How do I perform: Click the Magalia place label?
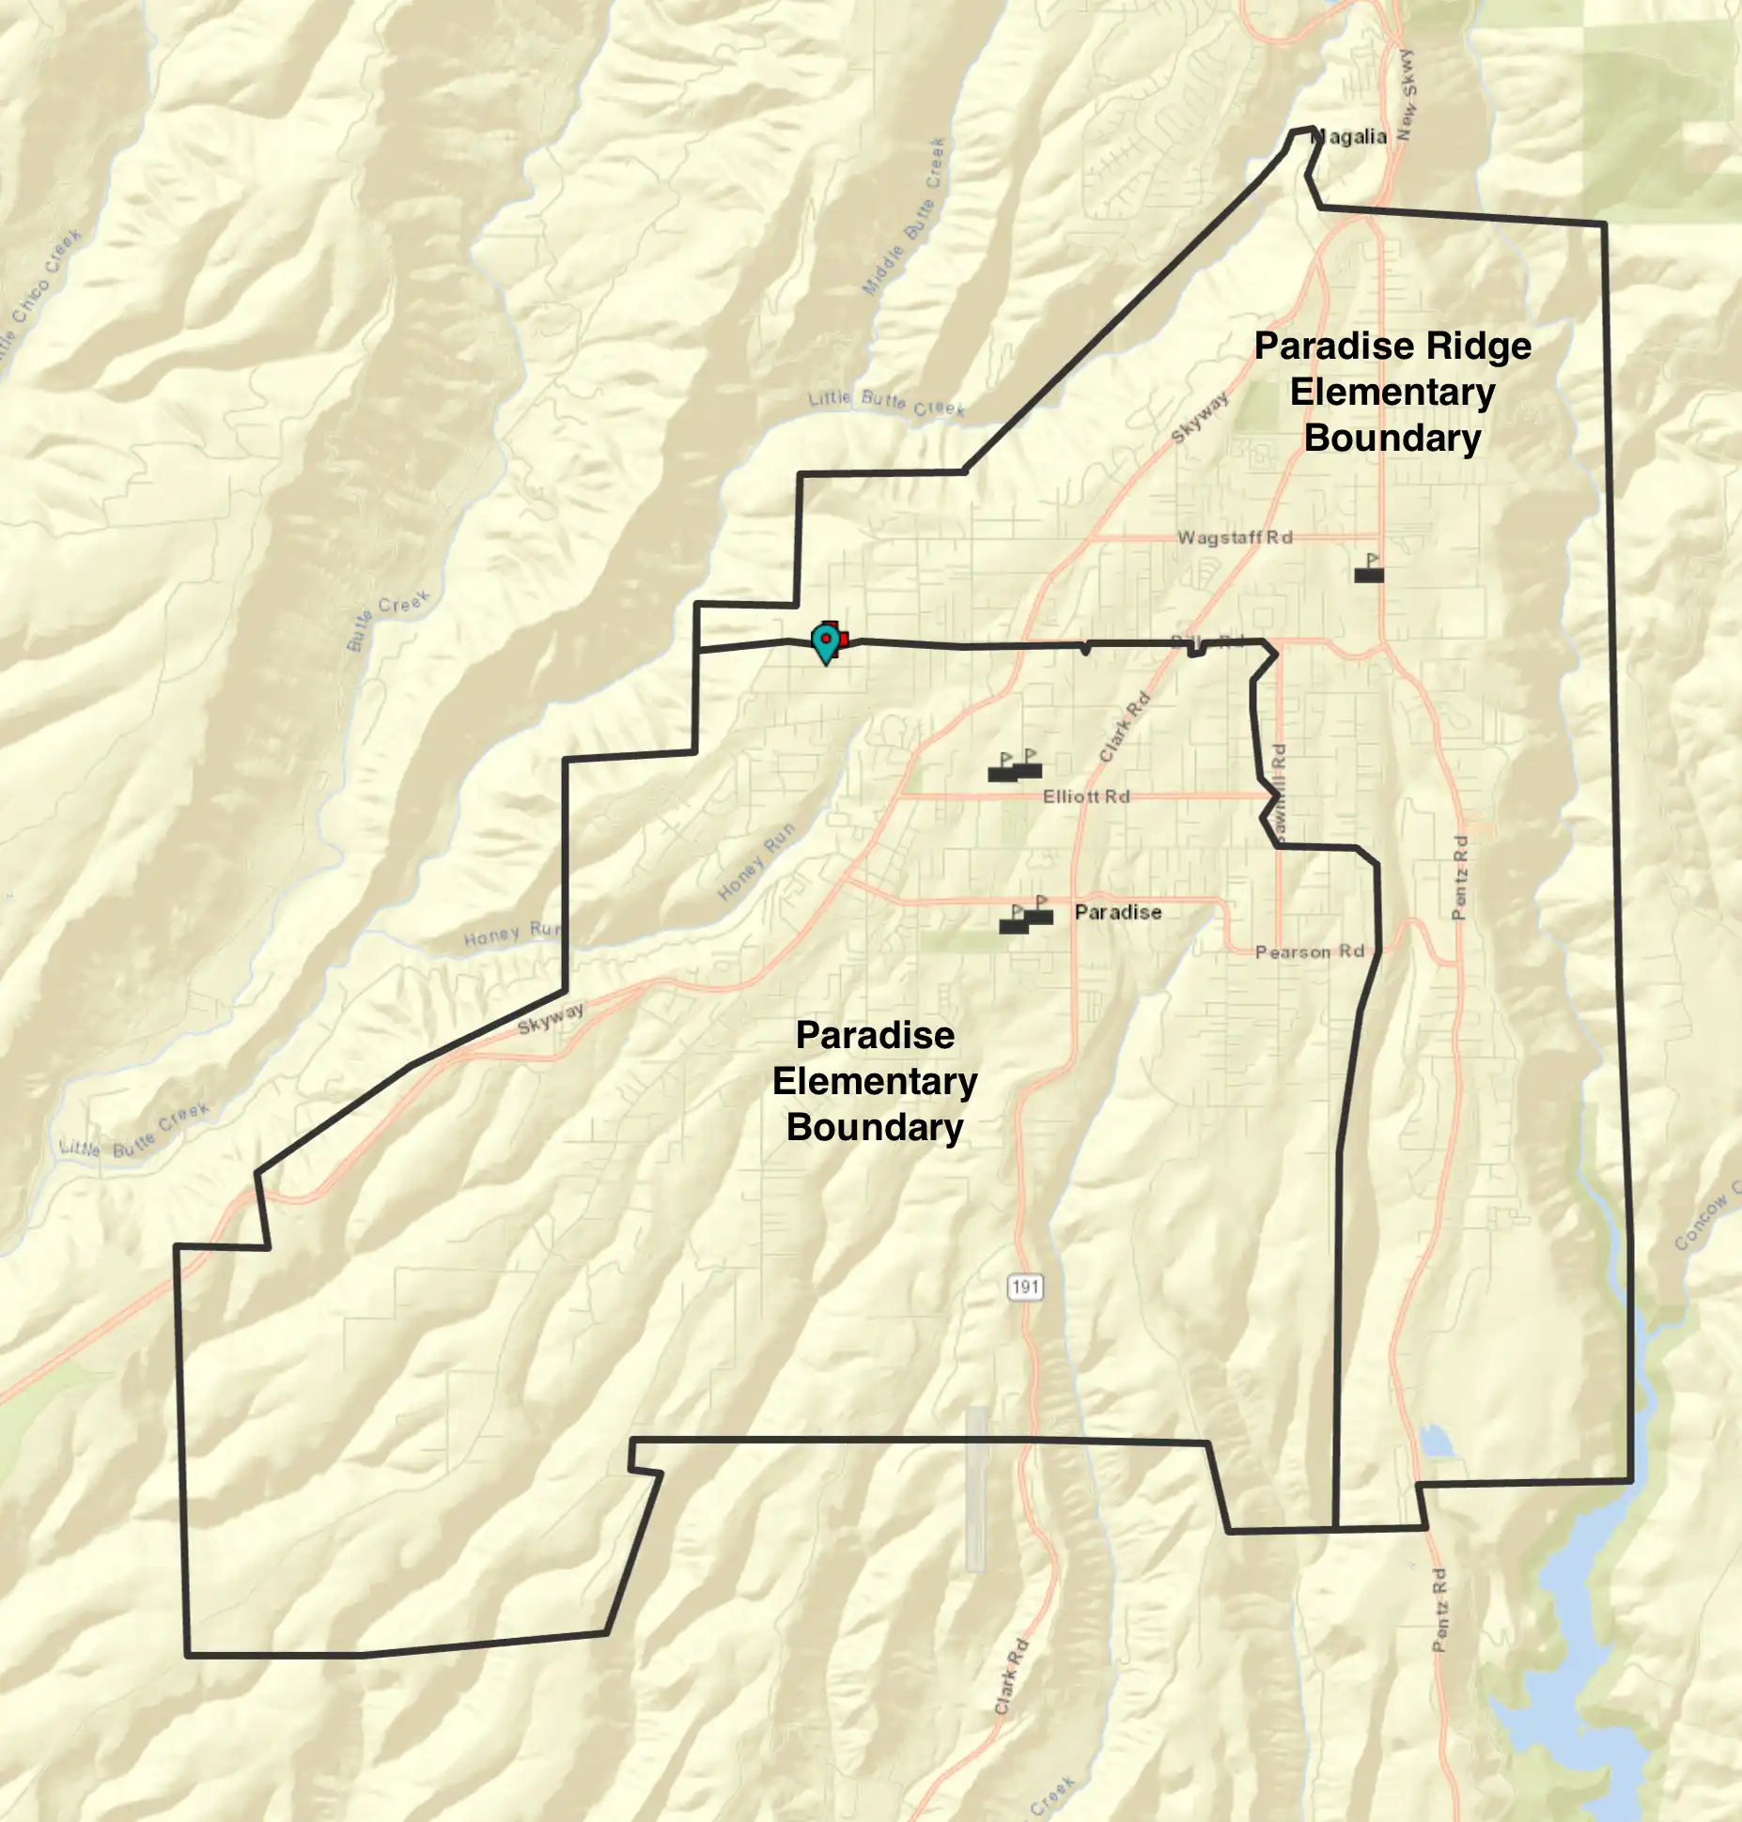pyautogui.click(x=1348, y=137)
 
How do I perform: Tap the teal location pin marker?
pyautogui.click(x=826, y=642)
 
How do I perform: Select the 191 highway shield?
pyautogui.click(x=1025, y=1286)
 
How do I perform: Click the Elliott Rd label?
pyautogui.click(x=1086, y=796)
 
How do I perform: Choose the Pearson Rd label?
pyautogui.click(x=1310, y=951)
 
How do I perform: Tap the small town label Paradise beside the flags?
pyautogui.click(x=1118, y=912)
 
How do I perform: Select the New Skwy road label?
pyautogui.click(x=1407, y=95)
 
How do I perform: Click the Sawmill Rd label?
pyautogui.click(x=1278, y=787)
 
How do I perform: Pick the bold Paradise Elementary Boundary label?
pyautogui.click(x=875, y=1081)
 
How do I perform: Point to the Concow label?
pyautogui.click(x=1705, y=1220)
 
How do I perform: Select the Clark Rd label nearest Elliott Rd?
pyautogui.click(x=1124, y=727)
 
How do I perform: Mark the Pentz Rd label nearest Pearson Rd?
pyautogui.click(x=1459, y=877)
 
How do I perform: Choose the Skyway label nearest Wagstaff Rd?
pyautogui.click(x=1200, y=419)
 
